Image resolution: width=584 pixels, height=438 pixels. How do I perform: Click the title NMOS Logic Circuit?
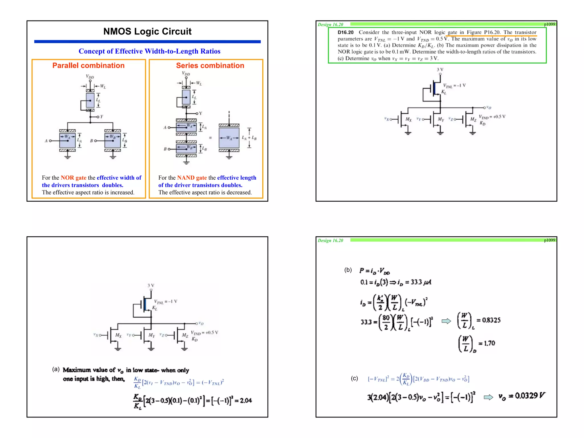147,31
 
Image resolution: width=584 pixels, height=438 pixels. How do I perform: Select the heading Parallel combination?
88,66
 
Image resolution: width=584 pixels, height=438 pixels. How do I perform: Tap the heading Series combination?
210,66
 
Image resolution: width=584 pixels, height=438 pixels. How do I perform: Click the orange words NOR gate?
73,178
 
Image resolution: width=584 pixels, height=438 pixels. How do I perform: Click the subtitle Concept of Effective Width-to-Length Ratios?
149,51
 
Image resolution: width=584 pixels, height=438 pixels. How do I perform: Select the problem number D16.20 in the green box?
345,33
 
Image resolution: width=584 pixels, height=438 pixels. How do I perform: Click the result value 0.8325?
491,320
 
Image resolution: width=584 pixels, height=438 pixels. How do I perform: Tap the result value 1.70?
489,343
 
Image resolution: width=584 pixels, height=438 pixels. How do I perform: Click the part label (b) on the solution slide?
348,270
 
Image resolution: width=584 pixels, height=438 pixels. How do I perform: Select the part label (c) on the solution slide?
354,378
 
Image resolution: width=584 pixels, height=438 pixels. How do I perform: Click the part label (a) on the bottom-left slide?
56,369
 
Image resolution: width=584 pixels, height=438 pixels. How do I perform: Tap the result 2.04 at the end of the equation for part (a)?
246,400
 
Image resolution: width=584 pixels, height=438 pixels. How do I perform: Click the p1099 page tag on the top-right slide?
549,24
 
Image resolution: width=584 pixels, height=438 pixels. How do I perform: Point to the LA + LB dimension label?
249,138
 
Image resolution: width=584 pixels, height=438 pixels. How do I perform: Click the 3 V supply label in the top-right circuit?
440,70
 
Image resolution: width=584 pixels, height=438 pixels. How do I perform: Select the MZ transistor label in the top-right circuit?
473,119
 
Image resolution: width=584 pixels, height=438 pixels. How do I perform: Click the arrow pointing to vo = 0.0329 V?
488,397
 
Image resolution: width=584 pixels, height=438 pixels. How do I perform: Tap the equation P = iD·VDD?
374,271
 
